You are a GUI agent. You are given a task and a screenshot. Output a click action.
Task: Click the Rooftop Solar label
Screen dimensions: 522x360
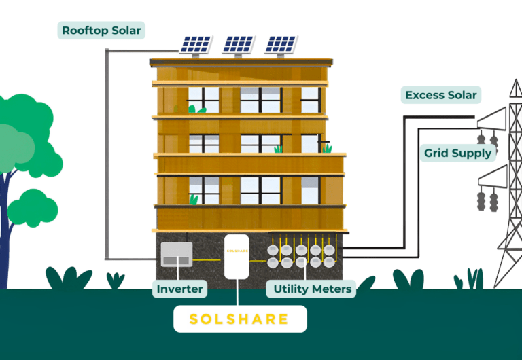(x=101, y=31)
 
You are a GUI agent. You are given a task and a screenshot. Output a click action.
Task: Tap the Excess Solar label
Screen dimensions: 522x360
(x=440, y=95)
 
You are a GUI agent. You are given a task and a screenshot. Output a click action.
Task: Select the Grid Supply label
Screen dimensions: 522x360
(x=457, y=153)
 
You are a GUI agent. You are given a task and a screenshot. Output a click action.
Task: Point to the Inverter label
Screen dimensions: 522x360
(x=179, y=289)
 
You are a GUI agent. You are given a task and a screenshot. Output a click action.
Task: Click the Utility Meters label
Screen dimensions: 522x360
(x=311, y=289)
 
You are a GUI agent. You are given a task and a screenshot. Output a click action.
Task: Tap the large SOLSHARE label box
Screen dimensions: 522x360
(x=240, y=319)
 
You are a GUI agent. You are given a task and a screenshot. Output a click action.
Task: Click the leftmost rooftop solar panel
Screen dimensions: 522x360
(x=196, y=46)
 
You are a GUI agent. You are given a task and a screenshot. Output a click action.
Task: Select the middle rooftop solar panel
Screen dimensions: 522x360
(x=239, y=46)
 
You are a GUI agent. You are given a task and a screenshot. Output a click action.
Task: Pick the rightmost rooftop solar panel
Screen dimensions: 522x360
(x=281, y=46)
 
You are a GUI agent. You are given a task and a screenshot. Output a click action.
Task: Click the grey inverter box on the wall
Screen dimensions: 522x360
(x=177, y=254)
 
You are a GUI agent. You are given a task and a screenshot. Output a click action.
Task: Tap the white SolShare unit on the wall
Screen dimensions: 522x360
(x=237, y=257)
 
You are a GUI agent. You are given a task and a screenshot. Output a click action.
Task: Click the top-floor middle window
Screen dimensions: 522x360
(x=261, y=100)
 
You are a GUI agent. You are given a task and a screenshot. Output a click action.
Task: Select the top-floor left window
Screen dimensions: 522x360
(x=204, y=100)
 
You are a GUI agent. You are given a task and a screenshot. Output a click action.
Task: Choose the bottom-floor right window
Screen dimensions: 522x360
(x=311, y=190)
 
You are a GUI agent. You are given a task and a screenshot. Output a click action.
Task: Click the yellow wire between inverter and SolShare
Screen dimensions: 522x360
(x=207, y=260)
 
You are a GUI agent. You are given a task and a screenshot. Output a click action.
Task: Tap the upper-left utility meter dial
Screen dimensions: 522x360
(x=273, y=250)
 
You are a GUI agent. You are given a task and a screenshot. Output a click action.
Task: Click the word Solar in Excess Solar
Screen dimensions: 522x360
(x=462, y=95)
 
